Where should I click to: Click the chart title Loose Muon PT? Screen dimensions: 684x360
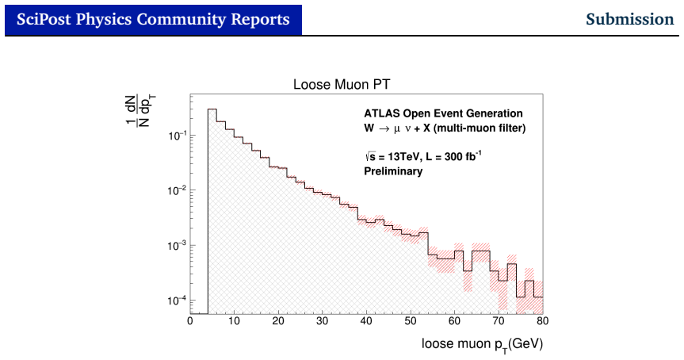coord(342,84)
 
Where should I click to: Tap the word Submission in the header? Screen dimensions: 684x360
coord(629,19)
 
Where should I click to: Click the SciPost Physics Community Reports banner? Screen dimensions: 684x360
coord(153,20)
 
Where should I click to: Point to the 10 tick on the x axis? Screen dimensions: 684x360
coord(235,321)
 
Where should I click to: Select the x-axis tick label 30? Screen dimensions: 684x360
coord(323,321)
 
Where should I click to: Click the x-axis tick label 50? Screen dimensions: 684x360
coord(411,321)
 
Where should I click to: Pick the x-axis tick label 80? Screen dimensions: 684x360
coord(542,321)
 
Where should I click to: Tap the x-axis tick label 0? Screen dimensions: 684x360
coord(190,321)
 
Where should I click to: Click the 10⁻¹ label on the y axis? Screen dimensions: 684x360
coord(177,136)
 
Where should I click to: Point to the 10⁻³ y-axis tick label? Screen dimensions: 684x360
coord(177,246)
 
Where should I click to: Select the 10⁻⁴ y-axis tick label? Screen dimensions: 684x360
coord(177,301)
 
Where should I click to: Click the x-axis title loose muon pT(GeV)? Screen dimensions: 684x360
coord(482,345)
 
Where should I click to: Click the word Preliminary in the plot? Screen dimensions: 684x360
coord(393,171)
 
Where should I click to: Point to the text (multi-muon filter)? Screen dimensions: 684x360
coord(480,128)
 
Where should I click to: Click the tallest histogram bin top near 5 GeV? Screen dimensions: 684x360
coord(212,109)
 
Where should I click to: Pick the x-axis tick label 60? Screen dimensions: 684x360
coord(454,321)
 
